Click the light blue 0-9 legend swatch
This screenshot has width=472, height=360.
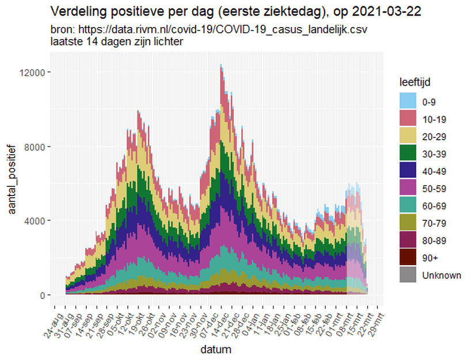pos(408,102)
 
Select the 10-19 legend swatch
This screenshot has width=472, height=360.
pos(408,120)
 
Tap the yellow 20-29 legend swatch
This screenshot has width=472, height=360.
pos(408,137)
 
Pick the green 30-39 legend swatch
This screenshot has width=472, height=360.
pos(408,154)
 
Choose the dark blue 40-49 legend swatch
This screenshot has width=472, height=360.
pos(408,171)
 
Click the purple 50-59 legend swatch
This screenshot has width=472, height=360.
pos(408,189)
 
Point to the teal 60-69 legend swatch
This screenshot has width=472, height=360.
pos(408,206)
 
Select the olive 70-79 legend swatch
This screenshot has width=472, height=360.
pos(408,223)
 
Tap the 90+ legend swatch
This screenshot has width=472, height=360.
pos(408,258)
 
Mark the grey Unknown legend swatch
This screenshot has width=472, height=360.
pos(408,275)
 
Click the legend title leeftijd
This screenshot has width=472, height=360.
pos(417,83)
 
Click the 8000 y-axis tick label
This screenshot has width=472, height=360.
pos(36,146)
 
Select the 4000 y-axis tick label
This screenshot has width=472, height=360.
pos(36,221)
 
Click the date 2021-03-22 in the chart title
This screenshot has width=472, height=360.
pos(392,11)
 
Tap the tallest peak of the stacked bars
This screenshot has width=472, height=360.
pos(221,66)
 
